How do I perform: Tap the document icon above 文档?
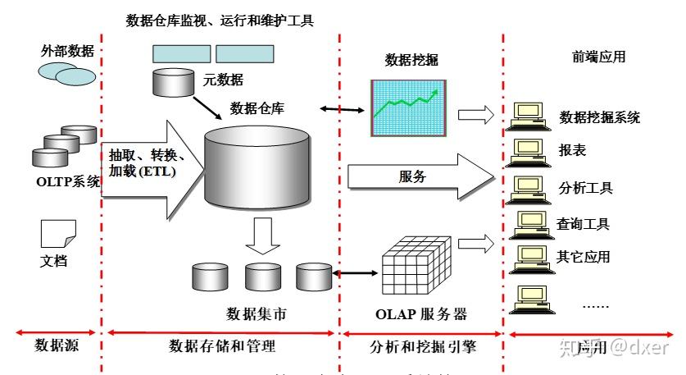pyautogui.click(x=58, y=235)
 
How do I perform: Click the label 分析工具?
pyautogui.click(x=585, y=188)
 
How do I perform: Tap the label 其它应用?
pyautogui.click(x=584, y=256)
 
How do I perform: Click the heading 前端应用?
pyautogui.click(x=598, y=57)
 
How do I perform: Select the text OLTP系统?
pyautogui.click(x=67, y=181)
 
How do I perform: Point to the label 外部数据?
pyautogui.click(x=66, y=51)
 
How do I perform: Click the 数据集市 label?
pyautogui.click(x=257, y=313)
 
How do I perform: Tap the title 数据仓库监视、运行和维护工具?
pyautogui.click(x=220, y=20)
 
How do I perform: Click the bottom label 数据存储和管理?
pyautogui.click(x=221, y=345)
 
